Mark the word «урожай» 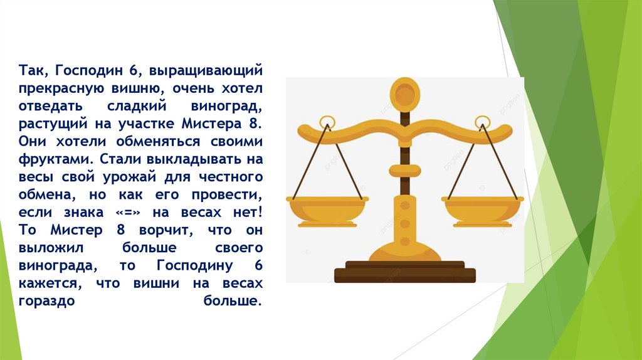134,176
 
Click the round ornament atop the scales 404,93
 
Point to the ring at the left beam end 327,122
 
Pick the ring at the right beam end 481,122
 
